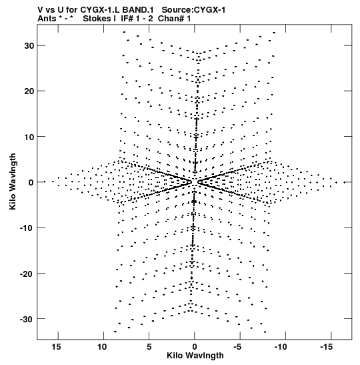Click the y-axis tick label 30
coord(29,46)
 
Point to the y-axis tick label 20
coord(29,91)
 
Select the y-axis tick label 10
coord(29,137)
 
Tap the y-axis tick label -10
coord(27,228)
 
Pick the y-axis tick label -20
coord(27,274)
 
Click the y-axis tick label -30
coord(27,319)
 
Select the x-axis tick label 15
coord(56,347)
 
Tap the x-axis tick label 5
coord(149,347)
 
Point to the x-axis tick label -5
coord(237,347)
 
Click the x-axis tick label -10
coord(281,347)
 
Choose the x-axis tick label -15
coord(326,347)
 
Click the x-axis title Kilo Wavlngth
coord(195,356)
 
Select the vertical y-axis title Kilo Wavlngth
coord(13,181)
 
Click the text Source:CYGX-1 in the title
coord(193,10)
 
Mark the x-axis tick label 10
coord(101,347)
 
